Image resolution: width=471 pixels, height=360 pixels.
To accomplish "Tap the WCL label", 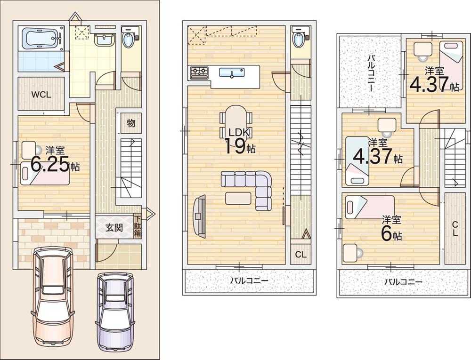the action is (41, 95).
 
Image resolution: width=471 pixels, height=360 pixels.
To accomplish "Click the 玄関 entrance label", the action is (114, 228).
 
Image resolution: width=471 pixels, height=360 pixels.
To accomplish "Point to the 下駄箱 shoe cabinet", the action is (137, 227).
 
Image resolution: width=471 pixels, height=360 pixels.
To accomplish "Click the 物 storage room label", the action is (131, 123).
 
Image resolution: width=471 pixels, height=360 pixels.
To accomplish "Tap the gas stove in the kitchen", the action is (199, 72).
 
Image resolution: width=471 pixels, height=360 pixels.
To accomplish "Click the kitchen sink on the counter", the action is (232, 72).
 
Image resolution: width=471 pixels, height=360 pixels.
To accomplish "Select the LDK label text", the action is (239, 132).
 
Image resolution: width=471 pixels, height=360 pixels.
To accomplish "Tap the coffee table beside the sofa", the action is (238, 198).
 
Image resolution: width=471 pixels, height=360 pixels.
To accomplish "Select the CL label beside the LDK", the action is (300, 255).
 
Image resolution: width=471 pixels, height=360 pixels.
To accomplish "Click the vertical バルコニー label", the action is (370, 73).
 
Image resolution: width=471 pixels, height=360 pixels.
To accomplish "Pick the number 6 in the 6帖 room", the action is (387, 234).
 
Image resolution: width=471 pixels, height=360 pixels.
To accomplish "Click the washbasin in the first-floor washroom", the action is (105, 40).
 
